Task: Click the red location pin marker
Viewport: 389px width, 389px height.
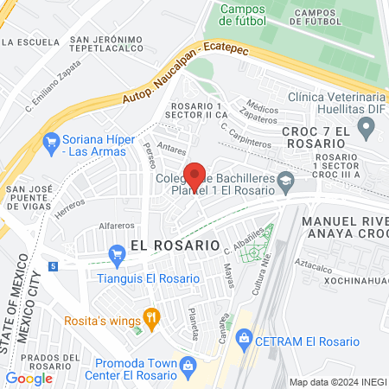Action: (194, 175)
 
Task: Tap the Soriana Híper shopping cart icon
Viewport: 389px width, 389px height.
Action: (50, 140)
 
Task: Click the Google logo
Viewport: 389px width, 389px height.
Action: (29, 378)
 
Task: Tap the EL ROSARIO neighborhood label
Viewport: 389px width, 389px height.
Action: (175, 245)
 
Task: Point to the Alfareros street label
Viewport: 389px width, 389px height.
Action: (117, 226)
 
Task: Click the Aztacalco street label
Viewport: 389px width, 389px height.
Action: (315, 261)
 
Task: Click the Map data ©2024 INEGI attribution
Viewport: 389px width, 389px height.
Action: (337, 382)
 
